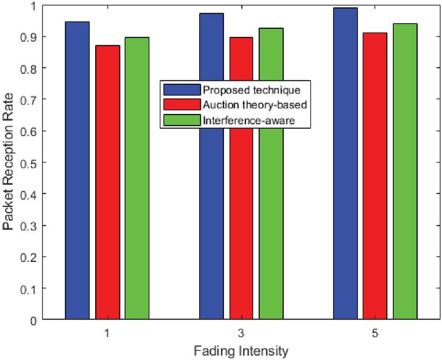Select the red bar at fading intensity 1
107,182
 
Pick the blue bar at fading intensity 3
211,221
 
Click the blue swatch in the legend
180,90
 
